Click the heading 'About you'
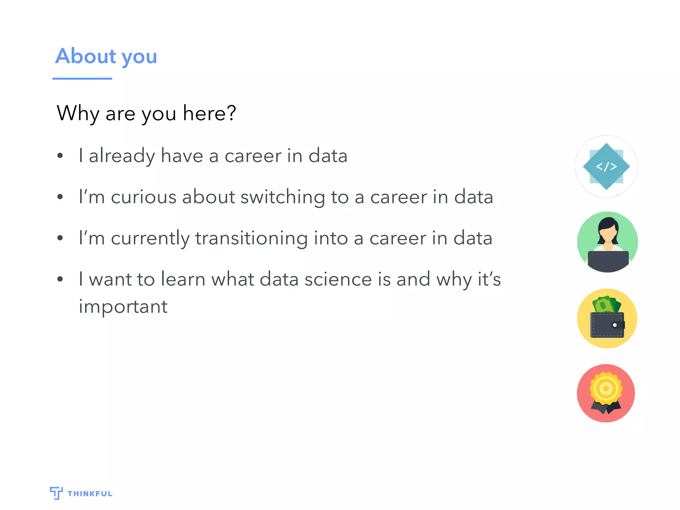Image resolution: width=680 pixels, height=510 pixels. (x=106, y=56)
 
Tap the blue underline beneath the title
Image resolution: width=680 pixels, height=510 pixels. (x=82, y=79)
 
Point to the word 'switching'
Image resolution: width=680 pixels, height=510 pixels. (x=283, y=198)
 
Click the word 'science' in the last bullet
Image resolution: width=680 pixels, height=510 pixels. (x=338, y=279)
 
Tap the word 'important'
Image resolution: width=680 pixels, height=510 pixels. (x=123, y=307)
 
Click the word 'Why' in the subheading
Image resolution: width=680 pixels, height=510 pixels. (x=78, y=114)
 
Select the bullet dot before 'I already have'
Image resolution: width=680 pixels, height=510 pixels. (x=60, y=156)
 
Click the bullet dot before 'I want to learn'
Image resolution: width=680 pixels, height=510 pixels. (x=60, y=279)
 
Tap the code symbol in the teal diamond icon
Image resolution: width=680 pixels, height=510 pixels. (x=606, y=166)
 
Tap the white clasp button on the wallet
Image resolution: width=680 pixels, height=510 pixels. (x=615, y=325)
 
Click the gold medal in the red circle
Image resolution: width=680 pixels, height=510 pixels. (x=606, y=388)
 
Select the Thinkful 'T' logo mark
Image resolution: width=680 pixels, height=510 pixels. (x=56, y=493)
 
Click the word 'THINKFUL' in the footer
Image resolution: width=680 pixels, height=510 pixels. (x=90, y=494)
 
